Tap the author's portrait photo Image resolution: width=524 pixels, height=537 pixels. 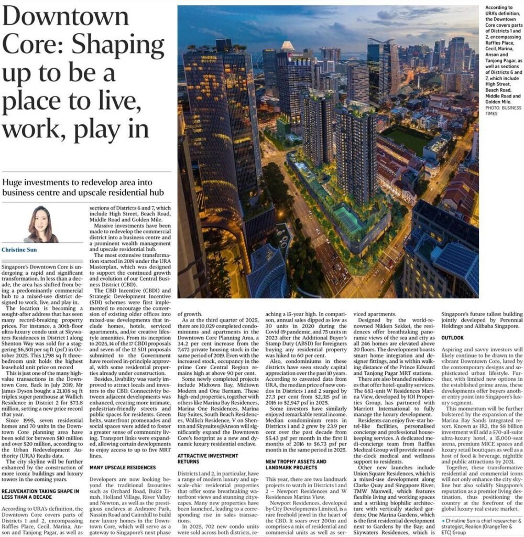pos(41,223)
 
